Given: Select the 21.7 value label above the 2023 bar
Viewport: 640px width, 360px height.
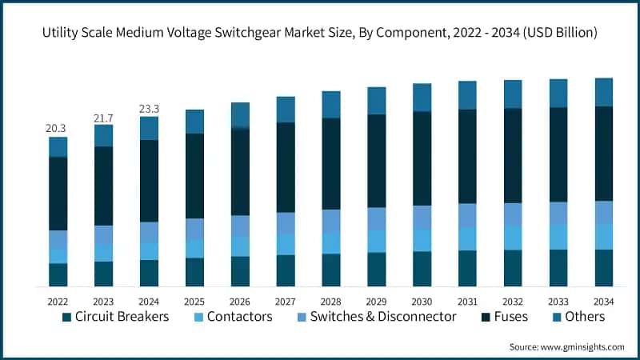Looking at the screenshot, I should click(103, 117).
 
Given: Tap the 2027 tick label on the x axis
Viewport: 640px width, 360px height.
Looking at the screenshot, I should click(286, 301).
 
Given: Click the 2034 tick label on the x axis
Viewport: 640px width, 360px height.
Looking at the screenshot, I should click(604, 301).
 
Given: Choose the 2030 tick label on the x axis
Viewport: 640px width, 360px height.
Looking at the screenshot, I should click(422, 301).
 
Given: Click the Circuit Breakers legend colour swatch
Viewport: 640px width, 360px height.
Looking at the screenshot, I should click(66, 318).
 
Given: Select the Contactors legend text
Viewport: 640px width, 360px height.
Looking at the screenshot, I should click(239, 317).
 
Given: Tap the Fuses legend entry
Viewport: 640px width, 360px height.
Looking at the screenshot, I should click(510, 317).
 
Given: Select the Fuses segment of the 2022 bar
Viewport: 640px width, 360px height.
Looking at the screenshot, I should click(58, 194).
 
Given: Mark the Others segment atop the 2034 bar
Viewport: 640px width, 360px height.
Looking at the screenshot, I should click(604, 92).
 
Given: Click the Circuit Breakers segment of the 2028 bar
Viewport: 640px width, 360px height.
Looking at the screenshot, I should click(331, 270).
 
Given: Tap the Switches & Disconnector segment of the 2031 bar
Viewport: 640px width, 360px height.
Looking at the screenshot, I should click(467, 215).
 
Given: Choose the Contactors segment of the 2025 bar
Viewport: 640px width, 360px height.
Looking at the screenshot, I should click(194, 249).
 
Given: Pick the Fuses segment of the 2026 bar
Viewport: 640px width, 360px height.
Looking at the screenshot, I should click(240, 172).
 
